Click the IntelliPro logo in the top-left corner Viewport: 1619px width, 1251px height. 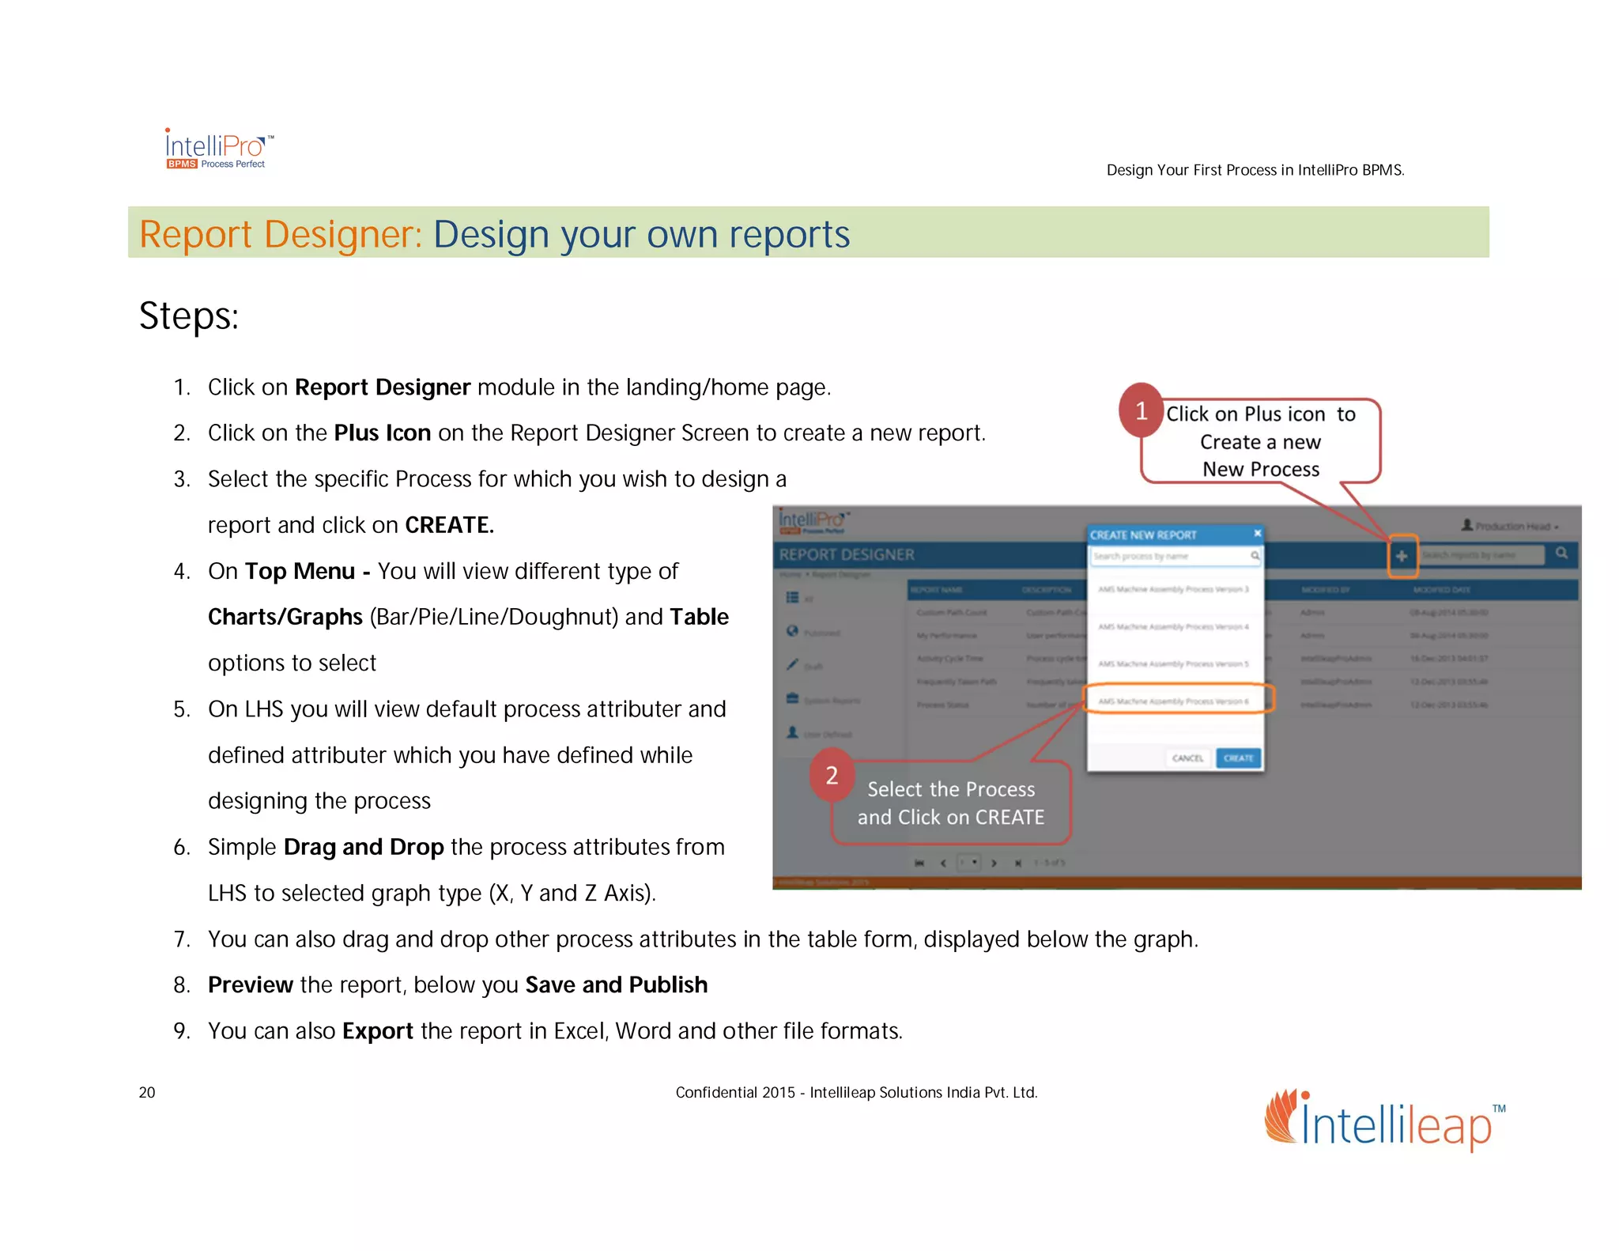(x=218, y=149)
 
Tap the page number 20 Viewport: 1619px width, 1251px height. (x=147, y=1092)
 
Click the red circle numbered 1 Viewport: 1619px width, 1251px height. (x=1141, y=410)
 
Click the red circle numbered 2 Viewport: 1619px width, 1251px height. (x=832, y=775)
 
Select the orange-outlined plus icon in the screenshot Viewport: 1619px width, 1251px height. (x=1402, y=556)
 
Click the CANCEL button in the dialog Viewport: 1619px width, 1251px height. (x=1187, y=758)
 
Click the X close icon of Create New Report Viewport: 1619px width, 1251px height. (x=1257, y=534)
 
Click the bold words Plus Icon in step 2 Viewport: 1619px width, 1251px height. (x=382, y=433)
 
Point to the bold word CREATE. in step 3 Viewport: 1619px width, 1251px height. (x=449, y=525)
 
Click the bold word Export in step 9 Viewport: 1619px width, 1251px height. (x=377, y=1031)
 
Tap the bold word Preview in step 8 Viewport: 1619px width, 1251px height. (x=250, y=985)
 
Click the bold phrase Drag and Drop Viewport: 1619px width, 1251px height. (x=363, y=847)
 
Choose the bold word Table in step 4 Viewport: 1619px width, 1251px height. (x=699, y=617)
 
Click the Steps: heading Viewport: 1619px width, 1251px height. (x=189, y=316)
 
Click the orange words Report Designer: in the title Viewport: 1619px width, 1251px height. (x=281, y=235)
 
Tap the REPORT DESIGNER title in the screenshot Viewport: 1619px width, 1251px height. (x=847, y=555)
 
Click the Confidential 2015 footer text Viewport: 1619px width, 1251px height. (x=855, y=1093)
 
